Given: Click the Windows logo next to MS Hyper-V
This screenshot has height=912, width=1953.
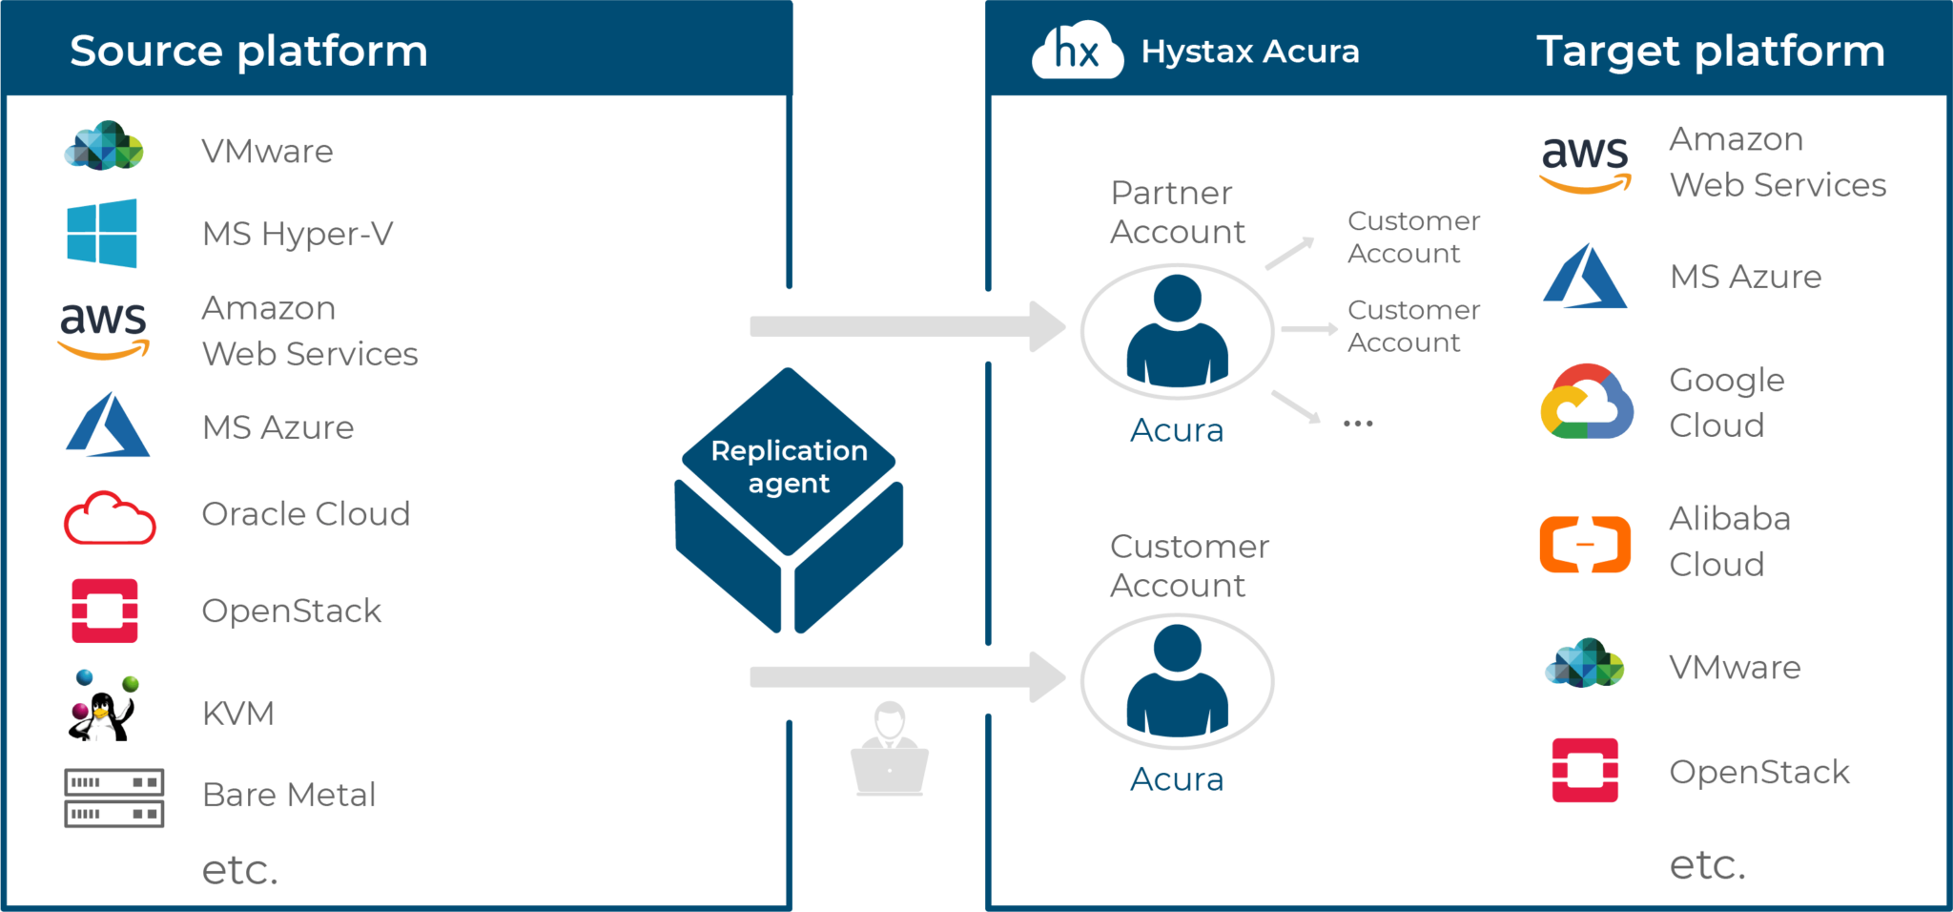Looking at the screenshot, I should (101, 234).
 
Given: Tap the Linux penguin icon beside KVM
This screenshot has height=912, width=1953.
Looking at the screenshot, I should (104, 705).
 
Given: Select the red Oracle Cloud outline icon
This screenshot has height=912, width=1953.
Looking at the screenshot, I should (109, 518).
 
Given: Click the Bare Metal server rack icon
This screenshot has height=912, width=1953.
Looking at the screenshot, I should (113, 798).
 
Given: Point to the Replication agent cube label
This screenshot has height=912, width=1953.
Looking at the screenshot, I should (789, 466).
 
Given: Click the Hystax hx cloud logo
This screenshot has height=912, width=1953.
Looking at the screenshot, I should (1076, 52).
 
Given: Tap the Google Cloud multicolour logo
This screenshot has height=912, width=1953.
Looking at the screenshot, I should (1586, 403).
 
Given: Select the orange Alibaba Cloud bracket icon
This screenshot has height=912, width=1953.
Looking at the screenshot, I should (1585, 544).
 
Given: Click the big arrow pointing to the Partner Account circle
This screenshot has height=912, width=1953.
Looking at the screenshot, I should (906, 326).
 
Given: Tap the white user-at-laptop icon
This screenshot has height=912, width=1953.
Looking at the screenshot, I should (889, 751).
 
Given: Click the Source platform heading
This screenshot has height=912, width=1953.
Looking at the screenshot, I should (249, 52).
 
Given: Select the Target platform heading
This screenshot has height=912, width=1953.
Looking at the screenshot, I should (1711, 52).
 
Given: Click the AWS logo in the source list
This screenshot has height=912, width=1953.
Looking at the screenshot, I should (104, 330).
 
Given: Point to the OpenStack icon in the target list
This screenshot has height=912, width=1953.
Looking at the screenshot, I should (1585, 770).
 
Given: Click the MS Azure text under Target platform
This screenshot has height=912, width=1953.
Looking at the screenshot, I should (1745, 278).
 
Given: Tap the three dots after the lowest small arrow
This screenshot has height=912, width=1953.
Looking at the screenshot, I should (1358, 423).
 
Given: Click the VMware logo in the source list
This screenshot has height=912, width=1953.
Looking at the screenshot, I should (104, 147).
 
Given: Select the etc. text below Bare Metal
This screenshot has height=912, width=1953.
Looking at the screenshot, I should (240, 870).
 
